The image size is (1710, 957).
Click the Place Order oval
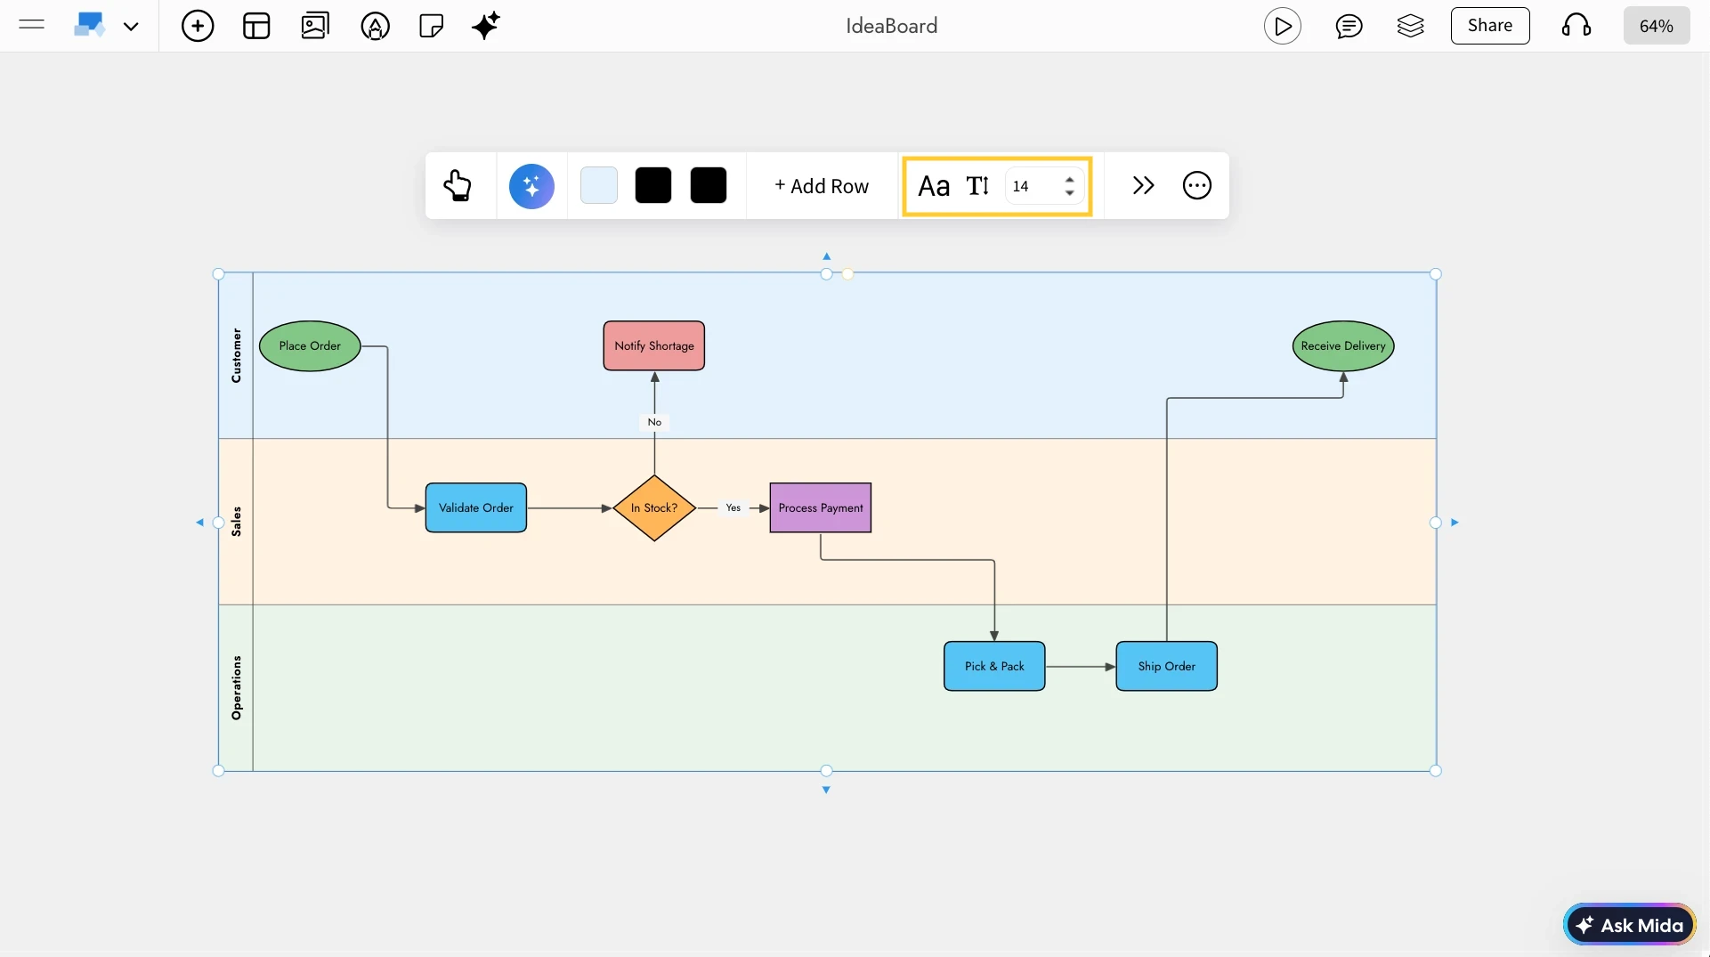(310, 346)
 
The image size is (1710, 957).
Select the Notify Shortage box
(654, 346)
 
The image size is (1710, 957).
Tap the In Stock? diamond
(654, 508)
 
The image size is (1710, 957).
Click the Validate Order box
(476, 508)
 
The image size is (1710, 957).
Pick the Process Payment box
(821, 508)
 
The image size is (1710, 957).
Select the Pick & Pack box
(994, 667)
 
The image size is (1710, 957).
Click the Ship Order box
(1167, 667)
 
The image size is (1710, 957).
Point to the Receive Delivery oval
(1343, 346)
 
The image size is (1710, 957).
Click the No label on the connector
(654, 423)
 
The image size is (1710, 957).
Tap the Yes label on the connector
(733, 508)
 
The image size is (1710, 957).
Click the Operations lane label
(236, 688)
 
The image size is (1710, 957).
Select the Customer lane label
(236, 355)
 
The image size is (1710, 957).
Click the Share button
(1490, 26)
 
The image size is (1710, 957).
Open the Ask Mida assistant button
(1630, 926)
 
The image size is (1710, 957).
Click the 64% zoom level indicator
(1656, 27)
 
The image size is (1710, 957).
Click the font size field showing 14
(1033, 187)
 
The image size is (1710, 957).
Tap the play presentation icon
(1283, 27)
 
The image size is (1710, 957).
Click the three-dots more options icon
(1197, 186)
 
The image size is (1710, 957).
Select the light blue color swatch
(599, 186)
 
